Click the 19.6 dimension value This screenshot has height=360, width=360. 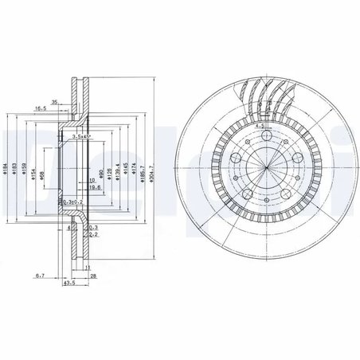[x=95, y=190]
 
